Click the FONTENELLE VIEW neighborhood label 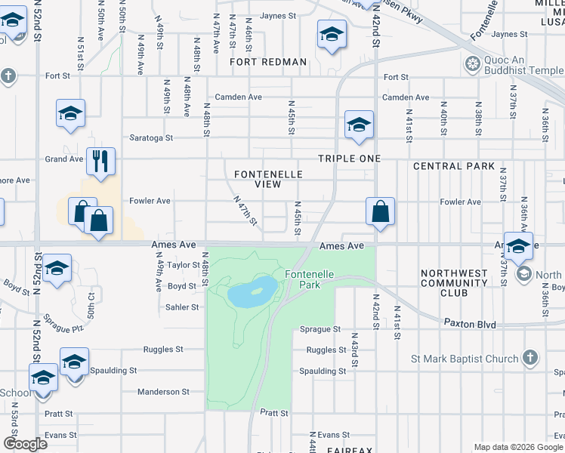click(x=268, y=179)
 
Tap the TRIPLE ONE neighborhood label click(x=349, y=159)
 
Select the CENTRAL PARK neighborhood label click(x=454, y=166)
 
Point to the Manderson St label click(x=163, y=392)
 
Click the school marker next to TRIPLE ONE click(x=359, y=124)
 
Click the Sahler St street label click(x=182, y=307)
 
